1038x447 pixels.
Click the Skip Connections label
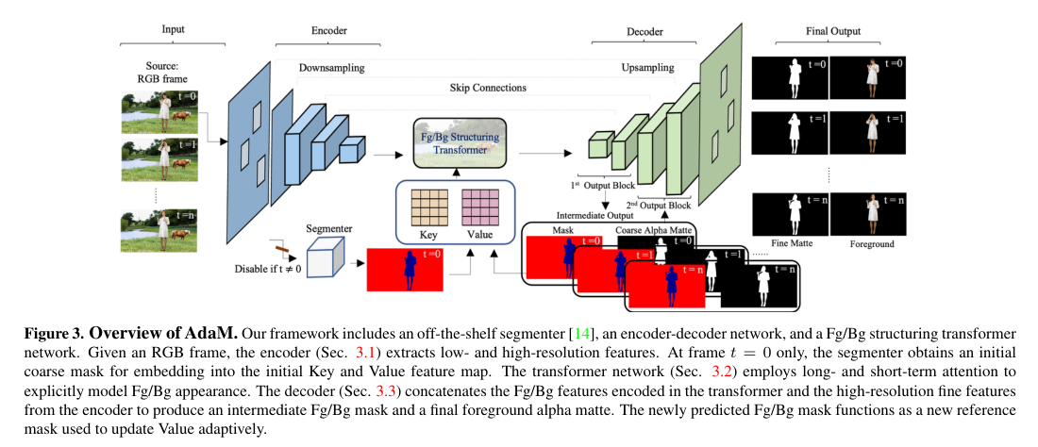(488, 88)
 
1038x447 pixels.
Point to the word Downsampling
(331, 69)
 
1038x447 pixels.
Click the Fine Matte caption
(791, 243)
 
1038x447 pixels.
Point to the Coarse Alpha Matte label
(655, 229)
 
